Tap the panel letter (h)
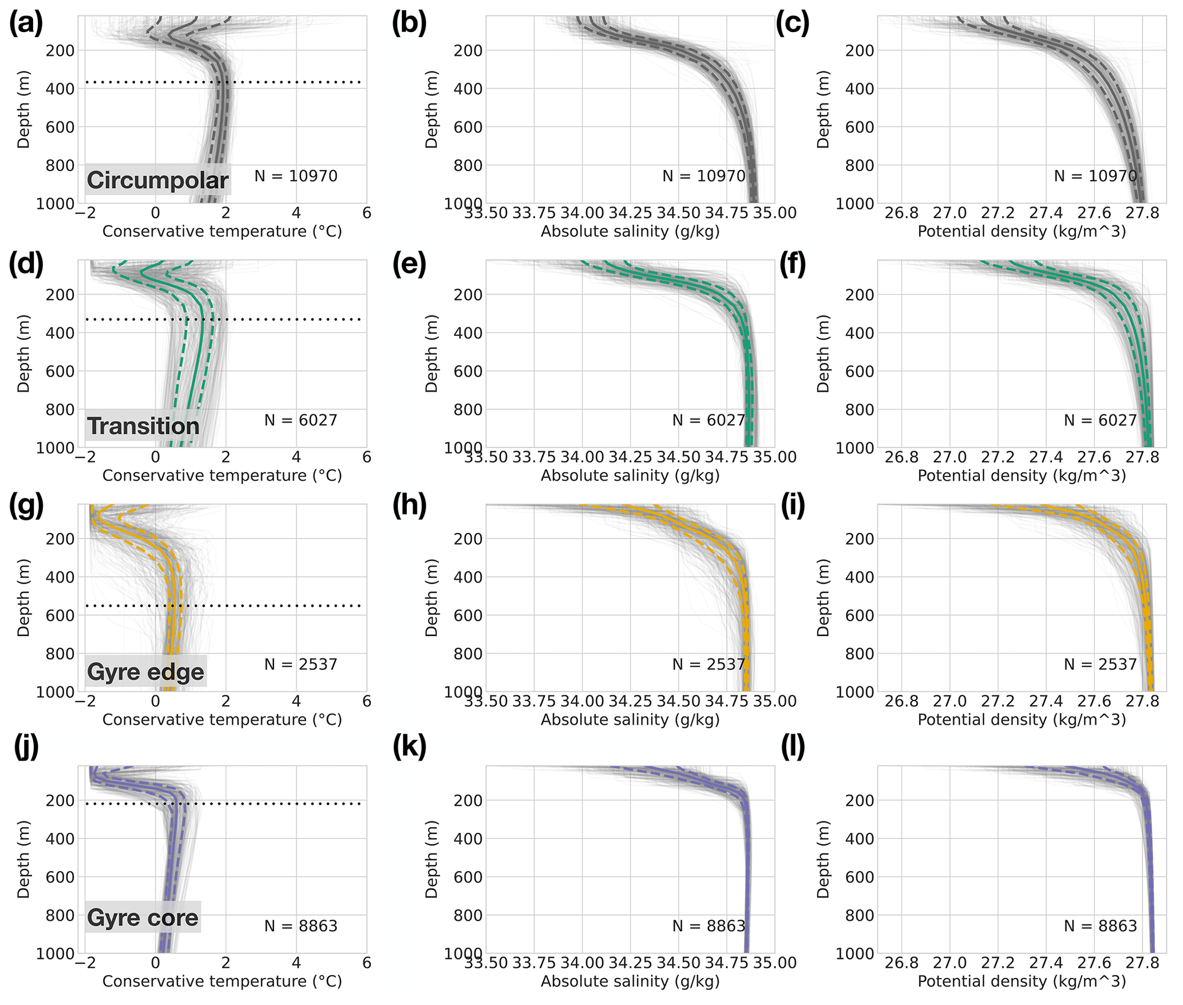[x=410, y=507]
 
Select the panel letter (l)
[x=793, y=747]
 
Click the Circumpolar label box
[x=157, y=180]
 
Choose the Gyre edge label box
[x=145, y=671]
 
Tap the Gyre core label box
[x=143, y=917]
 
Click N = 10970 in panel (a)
[x=296, y=176]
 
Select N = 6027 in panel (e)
[x=709, y=420]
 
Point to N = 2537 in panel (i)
[x=1100, y=664]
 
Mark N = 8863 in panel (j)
[x=301, y=926]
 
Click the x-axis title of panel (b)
[x=630, y=232]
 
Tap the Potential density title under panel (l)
[x=1022, y=982]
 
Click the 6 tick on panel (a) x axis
[x=367, y=213]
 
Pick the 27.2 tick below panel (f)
[x=998, y=458]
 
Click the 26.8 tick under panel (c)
[x=901, y=213]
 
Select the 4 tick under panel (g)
[x=296, y=702]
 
